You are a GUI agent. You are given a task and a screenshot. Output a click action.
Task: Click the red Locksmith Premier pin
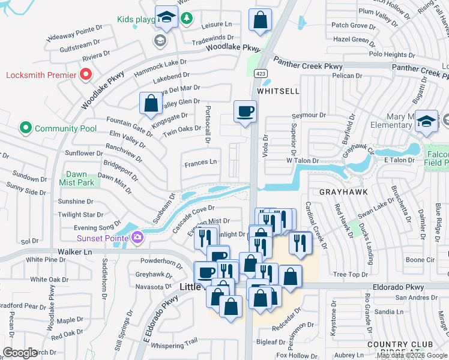tap(85, 75)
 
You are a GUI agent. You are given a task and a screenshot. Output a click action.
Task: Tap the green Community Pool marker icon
tap(25, 128)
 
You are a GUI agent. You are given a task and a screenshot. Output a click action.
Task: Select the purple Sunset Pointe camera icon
tap(137, 238)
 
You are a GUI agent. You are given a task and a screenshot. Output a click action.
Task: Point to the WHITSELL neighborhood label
tap(278, 90)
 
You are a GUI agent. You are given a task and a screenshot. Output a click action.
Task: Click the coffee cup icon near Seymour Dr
tap(245, 112)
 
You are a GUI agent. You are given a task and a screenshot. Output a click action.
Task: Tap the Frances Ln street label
tap(200, 163)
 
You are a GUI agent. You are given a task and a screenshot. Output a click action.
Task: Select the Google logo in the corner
tap(20, 352)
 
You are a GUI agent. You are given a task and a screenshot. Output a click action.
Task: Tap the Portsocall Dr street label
tap(207, 124)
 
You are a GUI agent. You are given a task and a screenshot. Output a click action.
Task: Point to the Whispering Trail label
tap(174, 341)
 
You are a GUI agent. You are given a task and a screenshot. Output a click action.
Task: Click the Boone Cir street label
tap(420, 260)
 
